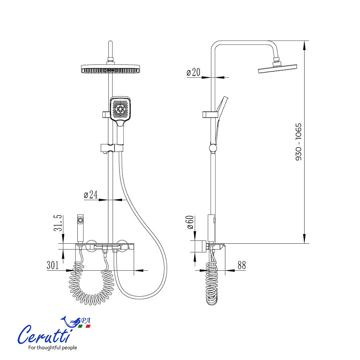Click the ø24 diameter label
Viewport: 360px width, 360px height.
tap(91, 195)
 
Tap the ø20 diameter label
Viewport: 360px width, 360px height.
tap(193, 72)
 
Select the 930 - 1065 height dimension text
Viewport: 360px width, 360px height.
tap(298, 142)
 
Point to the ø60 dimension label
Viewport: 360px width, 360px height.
tap(190, 222)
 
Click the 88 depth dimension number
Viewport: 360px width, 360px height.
tap(242, 265)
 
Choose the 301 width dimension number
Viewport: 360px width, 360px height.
tap(53, 265)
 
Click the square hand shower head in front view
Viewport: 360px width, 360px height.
tap(121, 109)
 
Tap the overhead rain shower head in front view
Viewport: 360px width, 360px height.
tap(111, 69)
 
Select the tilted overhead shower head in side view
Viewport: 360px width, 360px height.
tap(278, 68)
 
